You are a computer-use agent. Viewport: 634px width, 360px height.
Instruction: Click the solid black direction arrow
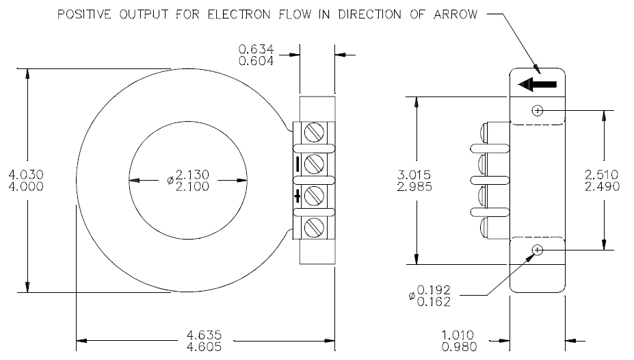[x=538, y=85]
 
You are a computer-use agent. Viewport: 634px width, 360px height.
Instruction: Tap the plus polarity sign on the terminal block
[x=298, y=196]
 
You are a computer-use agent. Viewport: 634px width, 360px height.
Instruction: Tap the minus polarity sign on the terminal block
[x=298, y=164]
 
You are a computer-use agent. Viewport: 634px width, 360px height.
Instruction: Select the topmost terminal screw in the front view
[x=314, y=132]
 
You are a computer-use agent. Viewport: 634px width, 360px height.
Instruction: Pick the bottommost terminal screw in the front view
[x=314, y=227]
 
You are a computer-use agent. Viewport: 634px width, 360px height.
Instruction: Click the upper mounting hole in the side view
[x=538, y=110]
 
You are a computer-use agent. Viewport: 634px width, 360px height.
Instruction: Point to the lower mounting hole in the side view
[x=538, y=250]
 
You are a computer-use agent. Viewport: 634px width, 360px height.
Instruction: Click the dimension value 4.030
[x=26, y=175]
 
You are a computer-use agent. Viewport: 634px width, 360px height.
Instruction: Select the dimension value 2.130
[x=192, y=175]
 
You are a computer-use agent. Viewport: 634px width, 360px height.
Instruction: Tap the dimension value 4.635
[x=204, y=335]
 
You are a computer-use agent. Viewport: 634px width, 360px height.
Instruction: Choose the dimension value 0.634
[x=256, y=49]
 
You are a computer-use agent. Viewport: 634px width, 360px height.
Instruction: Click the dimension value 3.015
[x=414, y=175]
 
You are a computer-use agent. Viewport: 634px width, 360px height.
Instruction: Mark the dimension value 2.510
[x=602, y=175]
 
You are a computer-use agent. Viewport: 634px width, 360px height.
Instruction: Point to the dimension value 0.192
[x=434, y=290]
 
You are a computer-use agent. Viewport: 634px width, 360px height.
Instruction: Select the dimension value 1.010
[x=458, y=335]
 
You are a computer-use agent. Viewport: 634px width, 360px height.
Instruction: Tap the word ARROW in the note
[x=455, y=14]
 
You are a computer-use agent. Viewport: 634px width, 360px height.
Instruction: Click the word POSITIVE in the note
[x=84, y=14]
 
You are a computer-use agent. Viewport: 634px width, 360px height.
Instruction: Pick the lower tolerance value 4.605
[x=204, y=346]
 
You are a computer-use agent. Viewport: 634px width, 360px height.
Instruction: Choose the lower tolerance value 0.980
[x=460, y=346]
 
